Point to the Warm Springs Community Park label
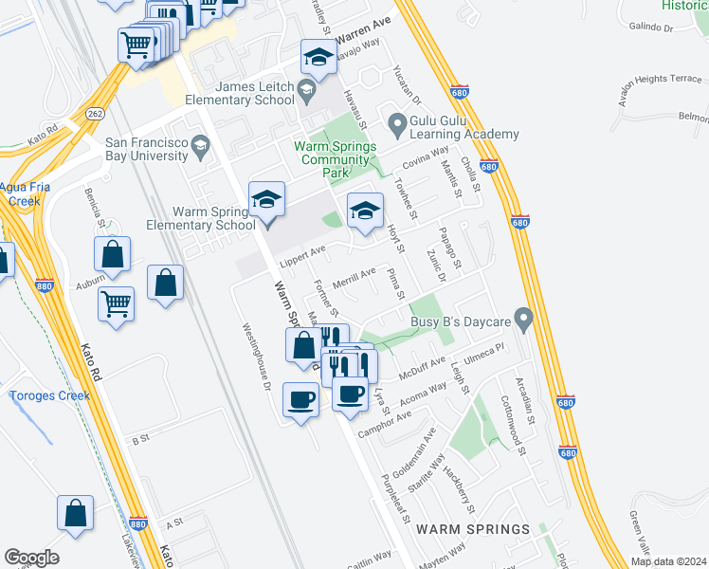[335, 159]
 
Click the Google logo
[31, 558]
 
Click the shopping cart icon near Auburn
[116, 303]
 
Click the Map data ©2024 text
[667, 561]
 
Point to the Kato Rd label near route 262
[44, 133]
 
